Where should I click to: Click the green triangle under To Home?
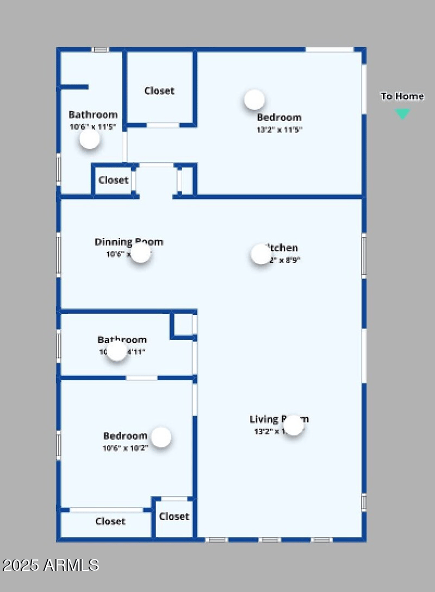coord(402,114)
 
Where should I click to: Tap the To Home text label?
coord(402,97)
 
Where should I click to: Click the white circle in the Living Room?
coord(294,425)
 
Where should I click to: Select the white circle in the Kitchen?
coord(261,254)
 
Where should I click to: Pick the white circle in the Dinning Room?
coord(141,253)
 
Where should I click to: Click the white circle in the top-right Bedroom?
coord(254,99)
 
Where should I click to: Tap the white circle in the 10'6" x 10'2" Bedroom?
coord(161,437)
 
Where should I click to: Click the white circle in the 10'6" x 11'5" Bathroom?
coord(90,139)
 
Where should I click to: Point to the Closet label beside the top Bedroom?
coord(159,91)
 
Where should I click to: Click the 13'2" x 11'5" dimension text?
coord(279,130)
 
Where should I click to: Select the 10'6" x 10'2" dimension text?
coord(125,449)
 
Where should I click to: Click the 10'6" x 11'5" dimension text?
coord(92,127)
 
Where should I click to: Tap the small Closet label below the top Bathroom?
coord(114,180)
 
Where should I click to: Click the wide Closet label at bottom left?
coord(110,521)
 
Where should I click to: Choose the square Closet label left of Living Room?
coord(174,517)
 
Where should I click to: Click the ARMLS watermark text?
coord(50,565)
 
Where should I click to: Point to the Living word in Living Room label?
coord(264,419)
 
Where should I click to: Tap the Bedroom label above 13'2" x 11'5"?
coord(279,117)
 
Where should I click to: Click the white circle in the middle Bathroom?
coord(117,351)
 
